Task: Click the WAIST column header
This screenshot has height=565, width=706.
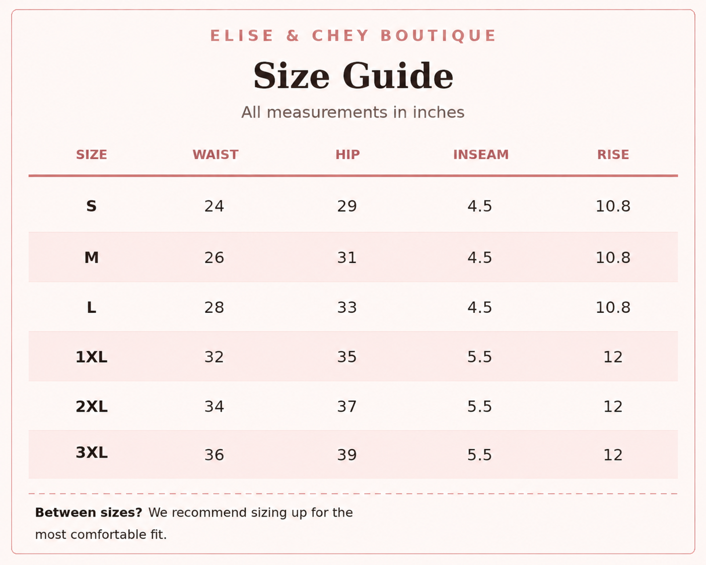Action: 215,155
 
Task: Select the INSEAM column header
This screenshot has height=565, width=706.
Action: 481,155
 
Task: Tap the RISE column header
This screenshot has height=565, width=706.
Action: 613,155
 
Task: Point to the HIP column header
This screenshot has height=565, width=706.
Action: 347,155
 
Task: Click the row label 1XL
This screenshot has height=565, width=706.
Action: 92,357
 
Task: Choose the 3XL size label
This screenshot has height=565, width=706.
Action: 92,453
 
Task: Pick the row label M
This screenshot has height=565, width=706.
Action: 92,257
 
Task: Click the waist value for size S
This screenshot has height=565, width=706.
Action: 214,206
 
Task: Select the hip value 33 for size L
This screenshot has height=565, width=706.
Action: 347,308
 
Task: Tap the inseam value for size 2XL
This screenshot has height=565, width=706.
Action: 479,406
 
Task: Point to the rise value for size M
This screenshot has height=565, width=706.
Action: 613,257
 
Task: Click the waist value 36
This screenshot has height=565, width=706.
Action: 214,455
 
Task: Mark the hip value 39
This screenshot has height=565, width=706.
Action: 347,455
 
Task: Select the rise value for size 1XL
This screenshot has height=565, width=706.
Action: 613,357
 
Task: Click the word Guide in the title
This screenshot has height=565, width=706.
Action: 398,76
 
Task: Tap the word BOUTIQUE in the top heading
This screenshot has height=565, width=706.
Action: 438,35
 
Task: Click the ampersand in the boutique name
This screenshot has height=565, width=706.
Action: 293,35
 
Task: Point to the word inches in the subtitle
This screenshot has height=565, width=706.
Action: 439,112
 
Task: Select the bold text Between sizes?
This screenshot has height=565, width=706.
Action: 89,513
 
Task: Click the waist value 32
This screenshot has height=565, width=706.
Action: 214,357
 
